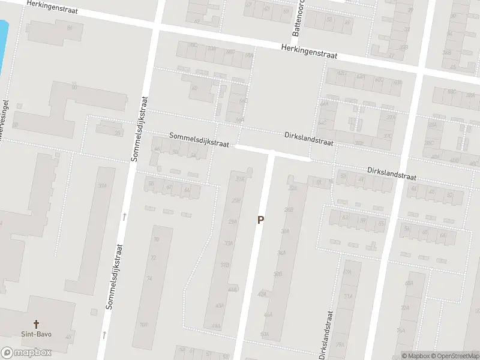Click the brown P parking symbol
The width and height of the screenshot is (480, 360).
tap(260, 220)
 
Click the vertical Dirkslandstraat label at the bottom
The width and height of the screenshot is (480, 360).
tap(326, 335)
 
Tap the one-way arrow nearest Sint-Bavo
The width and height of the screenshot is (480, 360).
tap(104, 333)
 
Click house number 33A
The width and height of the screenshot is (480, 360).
tap(229, 244)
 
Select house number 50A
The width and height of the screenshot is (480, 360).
tap(265, 333)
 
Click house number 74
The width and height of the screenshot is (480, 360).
tap(149, 279)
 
